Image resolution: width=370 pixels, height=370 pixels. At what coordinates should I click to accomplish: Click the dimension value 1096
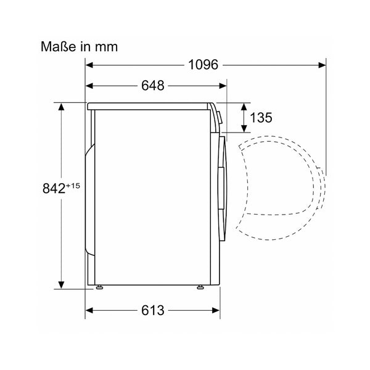tap(203, 65)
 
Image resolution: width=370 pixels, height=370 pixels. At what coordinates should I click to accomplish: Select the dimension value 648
tap(153, 86)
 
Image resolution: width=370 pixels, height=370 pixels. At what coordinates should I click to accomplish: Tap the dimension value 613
tap(153, 310)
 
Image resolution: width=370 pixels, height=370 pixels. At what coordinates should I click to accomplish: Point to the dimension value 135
tap(261, 118)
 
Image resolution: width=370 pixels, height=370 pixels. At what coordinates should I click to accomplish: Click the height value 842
tap(54, 188)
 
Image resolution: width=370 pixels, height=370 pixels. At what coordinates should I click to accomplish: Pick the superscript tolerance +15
tap(73, 186)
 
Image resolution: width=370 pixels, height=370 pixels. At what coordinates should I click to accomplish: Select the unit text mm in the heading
tap(106, 47)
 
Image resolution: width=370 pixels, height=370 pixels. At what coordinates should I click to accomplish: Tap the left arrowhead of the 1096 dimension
tap(89, 65)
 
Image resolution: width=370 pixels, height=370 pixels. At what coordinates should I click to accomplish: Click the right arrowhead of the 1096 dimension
tap(322, 65)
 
